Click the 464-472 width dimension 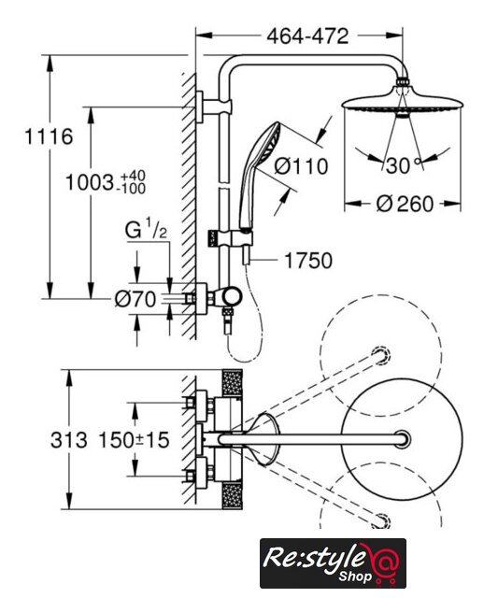coord(307,36)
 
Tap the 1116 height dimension coord(49,136)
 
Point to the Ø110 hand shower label coord(301,166)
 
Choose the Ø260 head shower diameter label coord(405,204)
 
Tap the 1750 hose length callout coord(308,261)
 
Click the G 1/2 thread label coord(146,231)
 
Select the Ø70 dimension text coord(135,299)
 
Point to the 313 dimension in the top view coord(68,440)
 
